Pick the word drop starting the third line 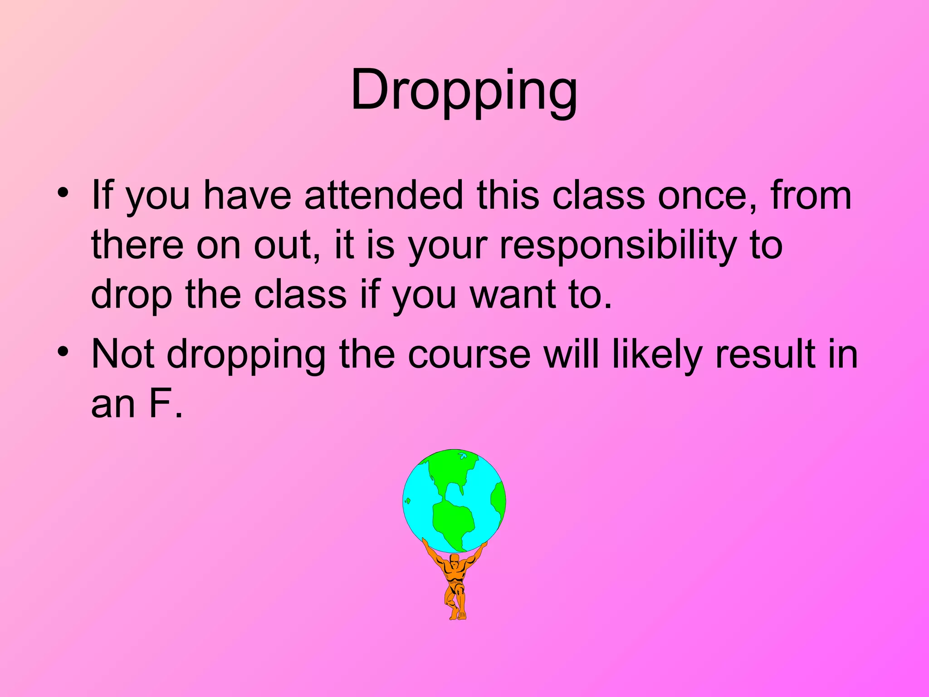click(132, 295)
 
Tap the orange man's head click(455, 559)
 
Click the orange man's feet click(457, 615)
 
